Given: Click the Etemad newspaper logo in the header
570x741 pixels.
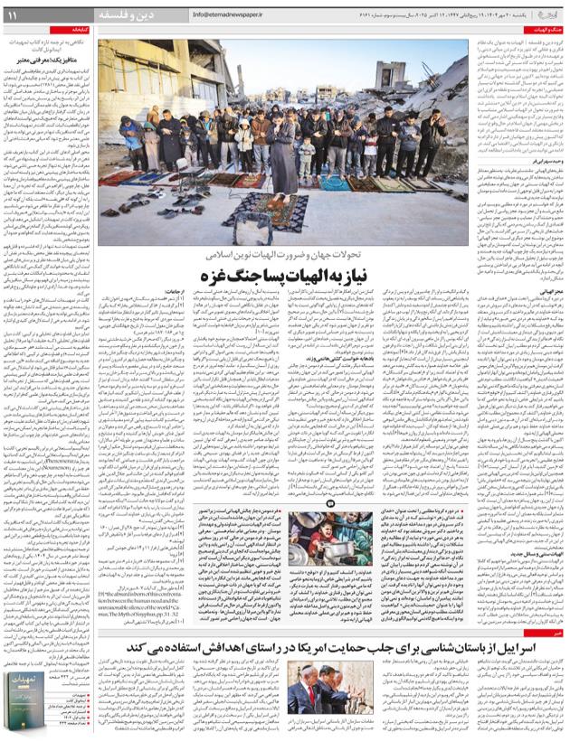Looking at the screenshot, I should click(x=547, y=14).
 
